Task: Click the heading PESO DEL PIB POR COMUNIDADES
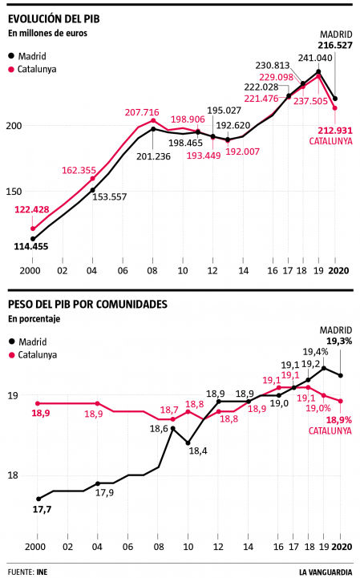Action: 87,305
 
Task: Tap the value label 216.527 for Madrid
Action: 336,46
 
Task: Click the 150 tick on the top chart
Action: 14,192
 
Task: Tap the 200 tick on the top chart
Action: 14,126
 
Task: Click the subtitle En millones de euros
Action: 47,33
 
